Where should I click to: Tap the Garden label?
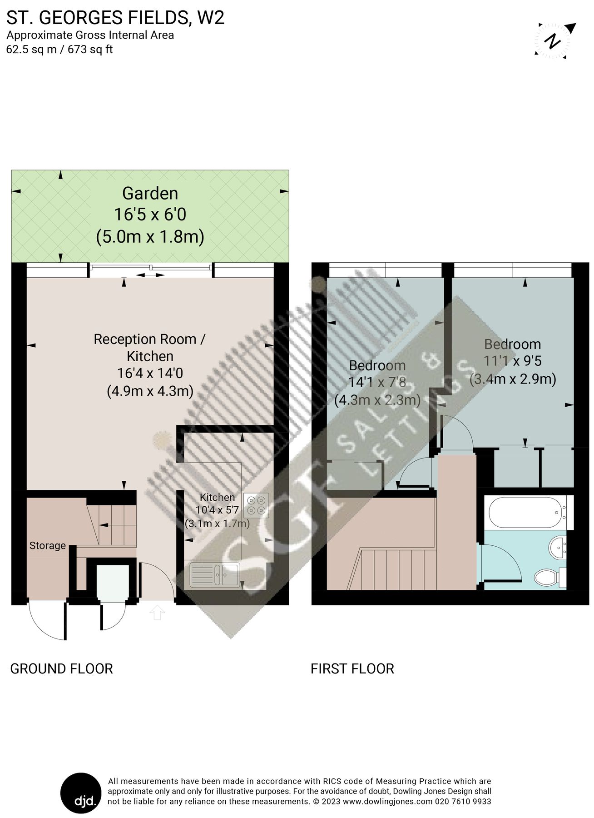(150, 194)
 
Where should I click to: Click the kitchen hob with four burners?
(256, 505)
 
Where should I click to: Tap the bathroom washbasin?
(558, 548)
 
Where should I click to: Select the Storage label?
(48, 545)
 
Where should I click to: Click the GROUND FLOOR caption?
(61, 668)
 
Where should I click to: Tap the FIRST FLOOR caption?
(352, 668)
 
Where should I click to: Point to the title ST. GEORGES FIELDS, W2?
(115, 18)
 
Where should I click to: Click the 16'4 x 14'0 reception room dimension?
(150, 373)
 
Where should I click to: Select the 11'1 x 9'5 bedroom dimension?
(512, 361)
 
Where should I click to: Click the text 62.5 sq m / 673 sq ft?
(59, 50)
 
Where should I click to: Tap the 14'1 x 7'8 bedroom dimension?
(377, 382)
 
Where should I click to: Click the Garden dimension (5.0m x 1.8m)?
(150, 236)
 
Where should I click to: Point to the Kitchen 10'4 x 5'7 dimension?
(217, 510)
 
